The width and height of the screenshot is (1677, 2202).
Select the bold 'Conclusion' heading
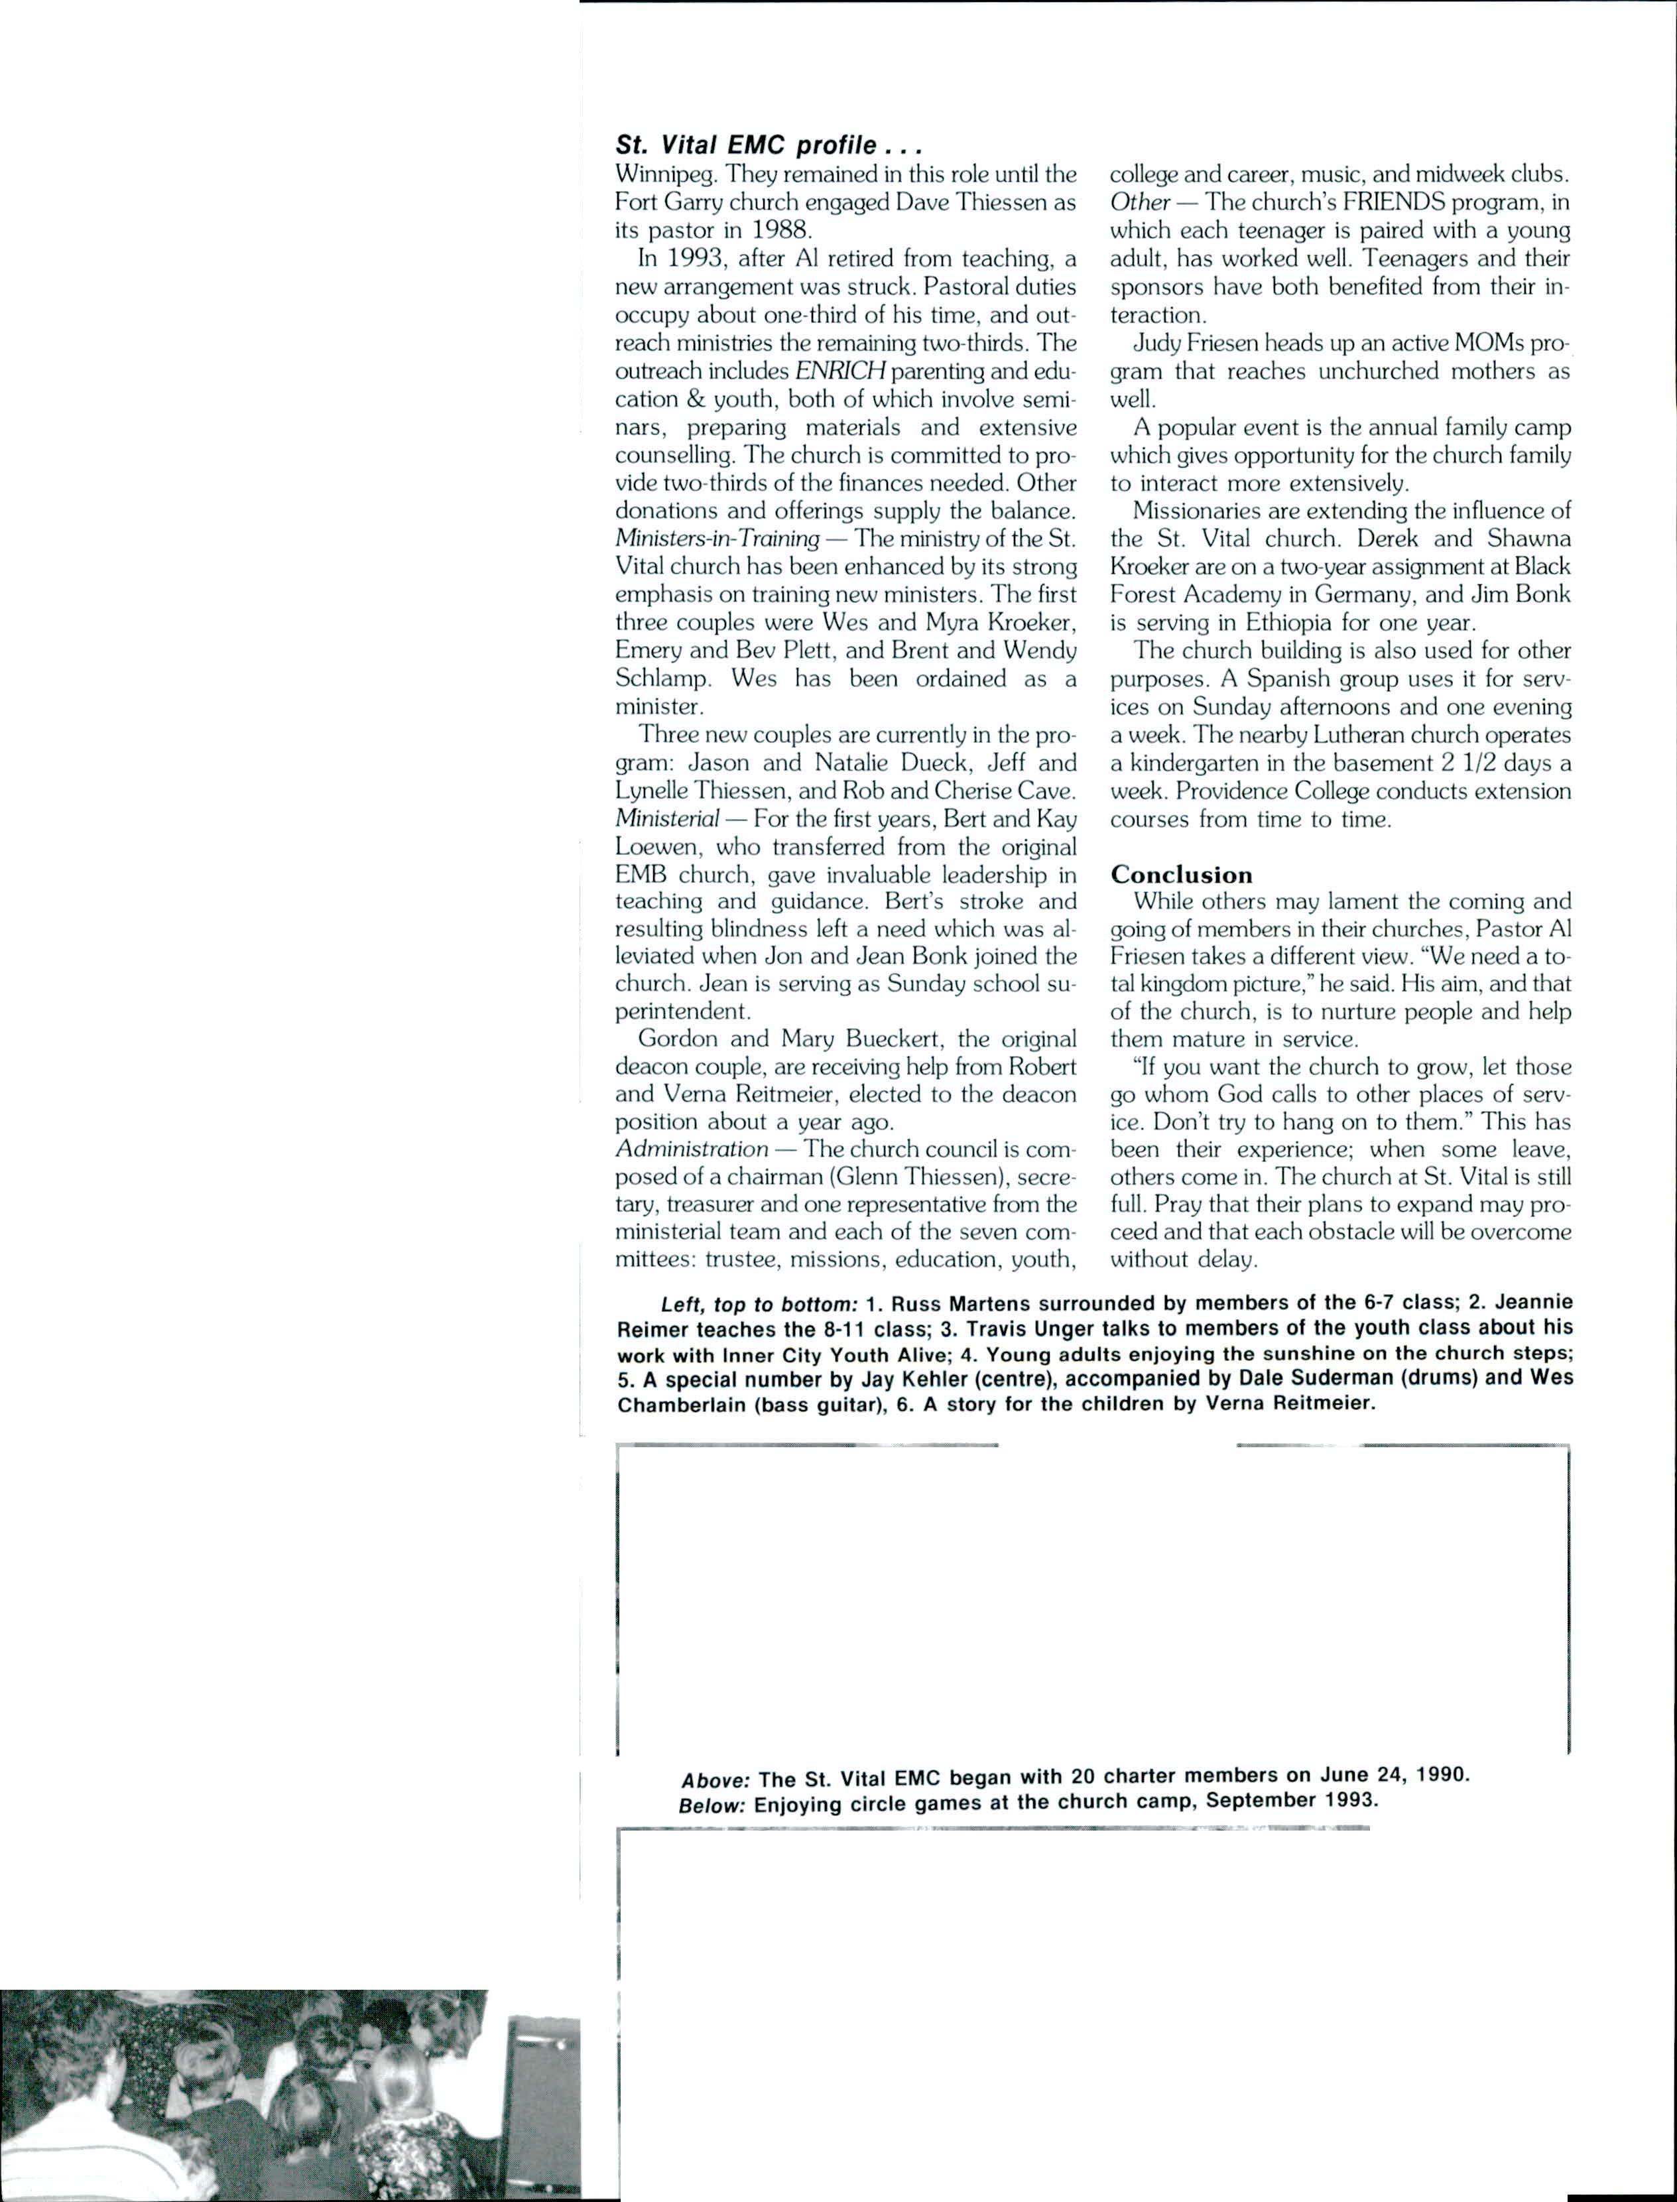[1181, 874]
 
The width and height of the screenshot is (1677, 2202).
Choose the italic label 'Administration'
[692, 1148]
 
